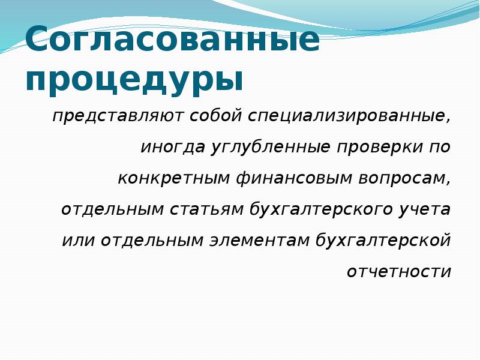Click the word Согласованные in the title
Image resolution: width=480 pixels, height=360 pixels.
click(172, 41)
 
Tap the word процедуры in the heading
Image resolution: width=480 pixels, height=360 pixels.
click(134, 80)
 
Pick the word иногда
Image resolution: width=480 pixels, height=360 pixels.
click(173, 147)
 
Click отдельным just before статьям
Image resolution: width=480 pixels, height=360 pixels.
click(112, 209)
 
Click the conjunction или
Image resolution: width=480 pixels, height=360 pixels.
click(78, 241)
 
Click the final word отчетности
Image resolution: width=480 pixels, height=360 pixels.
click(399, 272)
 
